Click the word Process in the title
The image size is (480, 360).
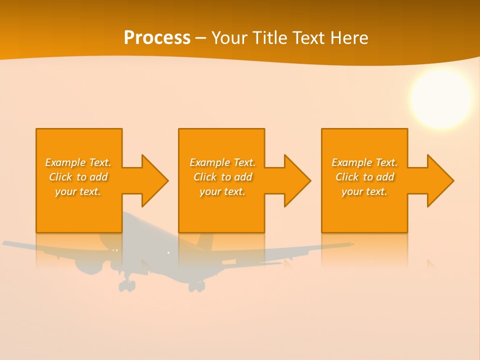tap(157, 38)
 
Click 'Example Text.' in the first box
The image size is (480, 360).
tap(78, 162)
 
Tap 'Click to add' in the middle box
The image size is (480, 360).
tap(222, 177)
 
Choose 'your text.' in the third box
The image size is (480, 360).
tap(364, 191)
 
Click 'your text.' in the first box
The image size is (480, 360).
tap(78, 191)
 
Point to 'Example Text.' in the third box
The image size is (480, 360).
tap(364, 162)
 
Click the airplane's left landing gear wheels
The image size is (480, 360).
tap(127, 285)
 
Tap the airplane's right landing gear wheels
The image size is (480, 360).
tap(196, 286)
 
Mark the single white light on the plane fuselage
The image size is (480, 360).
tap(168, 253)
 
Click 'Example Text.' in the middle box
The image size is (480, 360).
tap(222, 162)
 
